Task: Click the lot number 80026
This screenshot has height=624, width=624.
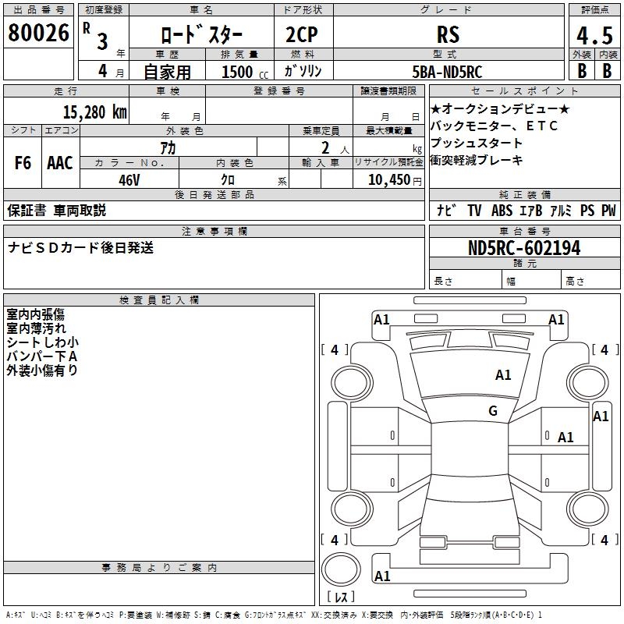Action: [39, 33]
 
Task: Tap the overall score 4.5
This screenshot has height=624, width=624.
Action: [594, 37]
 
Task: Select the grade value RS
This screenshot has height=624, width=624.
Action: [448, 35]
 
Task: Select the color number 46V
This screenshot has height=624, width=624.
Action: [129, 179]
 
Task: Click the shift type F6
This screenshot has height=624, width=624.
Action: [23, 163]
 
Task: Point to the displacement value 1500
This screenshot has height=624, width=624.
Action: [237, 72]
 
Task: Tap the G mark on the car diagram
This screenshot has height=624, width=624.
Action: [492, 411]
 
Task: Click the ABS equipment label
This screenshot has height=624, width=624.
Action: [502, 211]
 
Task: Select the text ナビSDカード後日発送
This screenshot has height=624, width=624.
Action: [80, 248]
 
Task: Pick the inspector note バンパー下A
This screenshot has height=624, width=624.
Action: [42, 356]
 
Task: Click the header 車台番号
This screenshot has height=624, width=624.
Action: [524, 232]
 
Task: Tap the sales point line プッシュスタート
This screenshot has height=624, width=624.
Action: [477, 144]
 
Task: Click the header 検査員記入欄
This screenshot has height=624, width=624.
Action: [159, 300]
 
